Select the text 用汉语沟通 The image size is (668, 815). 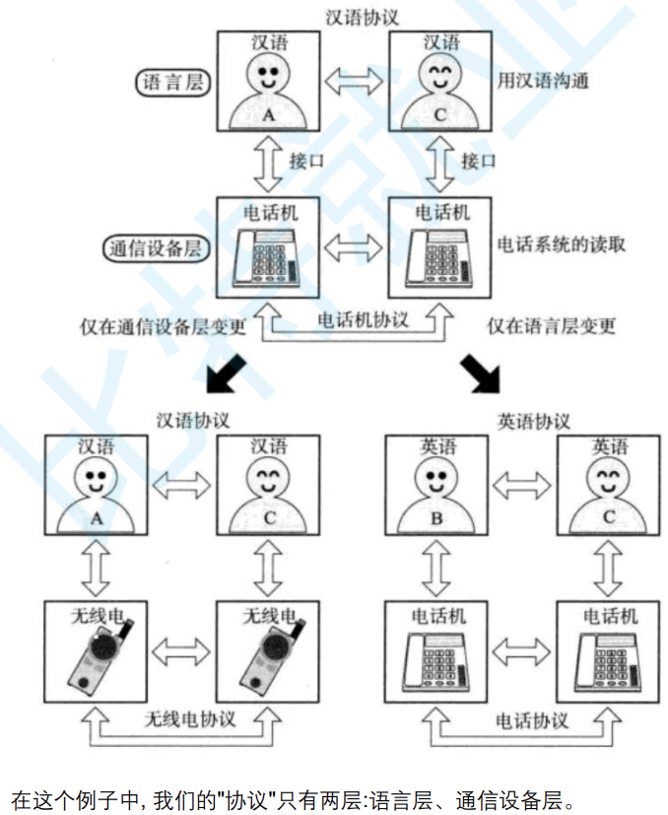point(543,81)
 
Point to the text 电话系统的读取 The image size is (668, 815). point(561,242)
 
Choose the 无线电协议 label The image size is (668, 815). point(189,718)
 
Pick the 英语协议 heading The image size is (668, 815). point(533,421)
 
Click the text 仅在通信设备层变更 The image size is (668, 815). point(164,326)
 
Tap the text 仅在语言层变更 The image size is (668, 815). point(552,326)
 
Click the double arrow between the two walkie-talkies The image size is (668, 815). point(181,651)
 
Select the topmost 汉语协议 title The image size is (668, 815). point(361,17)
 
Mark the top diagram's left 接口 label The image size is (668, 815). point(304,161)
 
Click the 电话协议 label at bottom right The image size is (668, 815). point(531,720)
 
